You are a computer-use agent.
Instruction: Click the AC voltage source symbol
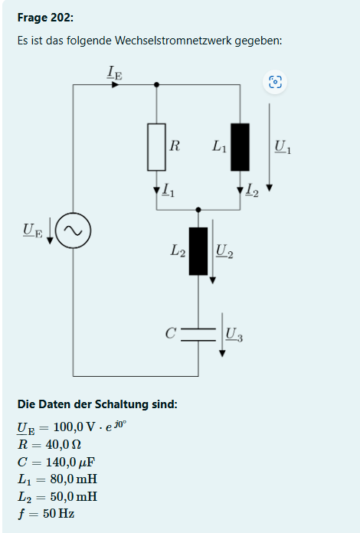click(74, 230)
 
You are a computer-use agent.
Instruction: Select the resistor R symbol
click(157, 146)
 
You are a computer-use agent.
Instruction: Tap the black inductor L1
click(240, 146)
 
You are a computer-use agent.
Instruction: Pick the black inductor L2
click(198, 250)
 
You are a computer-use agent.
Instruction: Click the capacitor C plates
click(198, 334)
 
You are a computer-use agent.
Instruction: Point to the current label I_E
click(114, 74)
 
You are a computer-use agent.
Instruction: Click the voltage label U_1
click(282, 146)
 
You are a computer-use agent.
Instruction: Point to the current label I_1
click(168, 191)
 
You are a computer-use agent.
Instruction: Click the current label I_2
click(254, 192)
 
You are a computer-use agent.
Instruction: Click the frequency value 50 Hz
click(57, 513)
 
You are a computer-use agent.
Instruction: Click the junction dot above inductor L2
click(198, 209)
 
